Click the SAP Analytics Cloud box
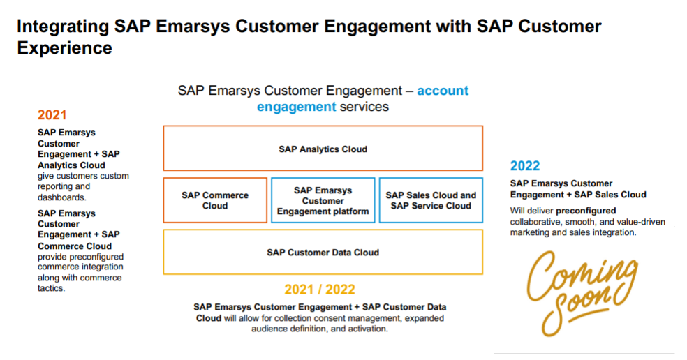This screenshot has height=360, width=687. tap(323, 149)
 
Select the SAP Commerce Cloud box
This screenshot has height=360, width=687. tap(215, 200)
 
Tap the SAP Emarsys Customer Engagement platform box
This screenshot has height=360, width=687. tap(323, 200)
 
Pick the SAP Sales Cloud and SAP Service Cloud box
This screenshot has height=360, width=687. tap(431, 200)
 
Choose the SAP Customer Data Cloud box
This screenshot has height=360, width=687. tap(323, 253)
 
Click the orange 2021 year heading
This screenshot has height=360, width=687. tap(52, 114)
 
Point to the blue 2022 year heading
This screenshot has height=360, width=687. tap(525, 166)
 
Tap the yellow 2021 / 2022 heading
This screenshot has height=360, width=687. tap(320, 290)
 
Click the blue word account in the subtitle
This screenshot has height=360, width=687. tap(443, 91)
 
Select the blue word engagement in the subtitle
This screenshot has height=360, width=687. tap(296, 107)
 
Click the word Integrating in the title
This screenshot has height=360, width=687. tap(63, 27)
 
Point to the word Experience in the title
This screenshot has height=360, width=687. tap(64, 48)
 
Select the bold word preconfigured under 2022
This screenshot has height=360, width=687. tap(586, 211)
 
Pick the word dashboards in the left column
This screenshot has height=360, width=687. tap(61, 197)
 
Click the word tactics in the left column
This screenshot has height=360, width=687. tap(51, 288)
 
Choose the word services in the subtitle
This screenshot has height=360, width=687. tap(364, 107)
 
